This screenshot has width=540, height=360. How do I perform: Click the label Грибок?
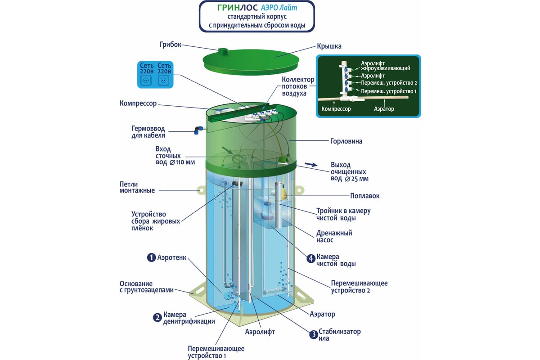tap(170, 45)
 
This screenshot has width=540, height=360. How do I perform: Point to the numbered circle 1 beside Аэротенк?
tap(151, 257)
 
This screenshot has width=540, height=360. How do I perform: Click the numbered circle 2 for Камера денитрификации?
tap(157, 318)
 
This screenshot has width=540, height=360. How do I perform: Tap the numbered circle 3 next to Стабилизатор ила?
tap(313, 334)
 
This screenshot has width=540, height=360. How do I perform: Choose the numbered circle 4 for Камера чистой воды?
tap(310, 259)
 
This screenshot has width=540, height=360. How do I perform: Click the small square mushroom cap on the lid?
tap(222, 51)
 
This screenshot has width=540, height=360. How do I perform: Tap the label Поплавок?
tap(365, 196)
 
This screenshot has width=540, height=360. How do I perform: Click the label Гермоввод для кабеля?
tap(148, 132)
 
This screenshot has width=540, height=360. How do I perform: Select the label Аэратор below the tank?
tap(322, 314)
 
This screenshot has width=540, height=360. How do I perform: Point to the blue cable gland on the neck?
tap(197, 130)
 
